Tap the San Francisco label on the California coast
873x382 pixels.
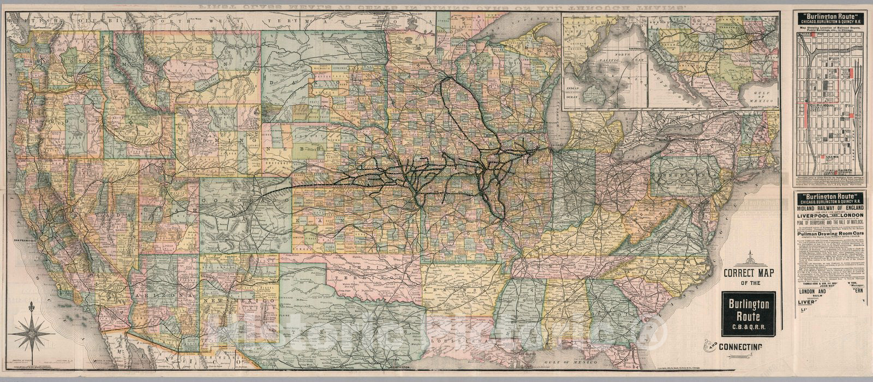pos(25,240)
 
